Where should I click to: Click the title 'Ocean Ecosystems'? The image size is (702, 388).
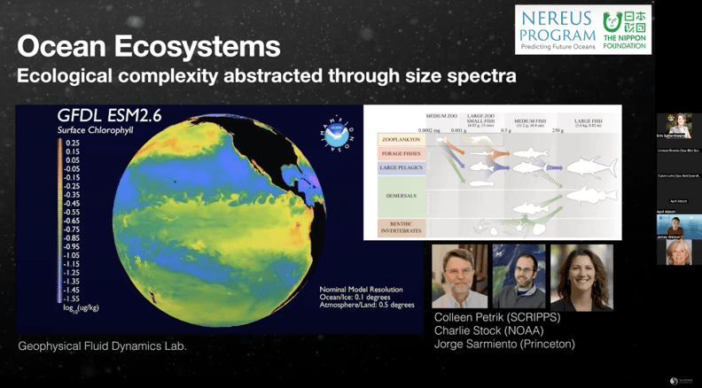(x=149, y=46)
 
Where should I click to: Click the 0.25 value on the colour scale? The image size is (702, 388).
(x=73, y=142)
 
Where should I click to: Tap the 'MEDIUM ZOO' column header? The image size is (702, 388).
(x=441, y=116)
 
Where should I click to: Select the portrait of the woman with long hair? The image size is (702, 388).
(x=581, y=276)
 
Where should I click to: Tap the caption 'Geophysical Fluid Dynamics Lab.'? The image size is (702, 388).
(x=103, y=346)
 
